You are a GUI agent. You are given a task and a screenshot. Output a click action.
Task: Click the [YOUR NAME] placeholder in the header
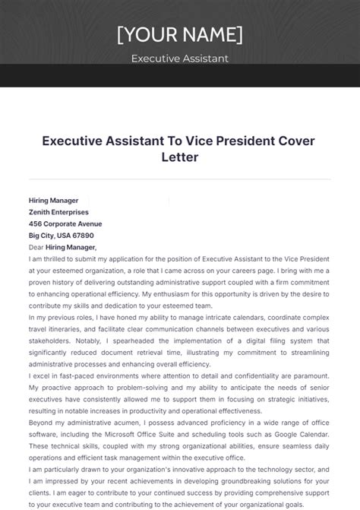(x=180, y=34)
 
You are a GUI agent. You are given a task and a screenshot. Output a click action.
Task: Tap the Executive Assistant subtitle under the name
(x=180, y=59)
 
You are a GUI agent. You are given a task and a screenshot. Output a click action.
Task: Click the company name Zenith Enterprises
(x=58, y=212)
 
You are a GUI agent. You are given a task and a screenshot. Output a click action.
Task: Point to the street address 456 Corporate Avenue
(x=65, y=223)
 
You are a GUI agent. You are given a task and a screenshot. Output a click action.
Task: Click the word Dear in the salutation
(x=36, y=246)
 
